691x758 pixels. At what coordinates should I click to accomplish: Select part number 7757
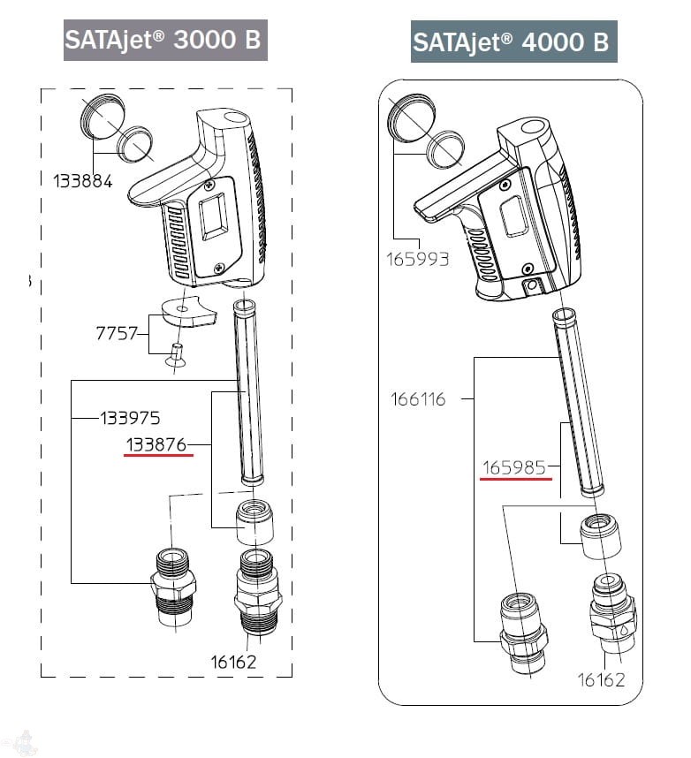[117, 333]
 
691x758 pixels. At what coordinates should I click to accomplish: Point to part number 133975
[130, 416]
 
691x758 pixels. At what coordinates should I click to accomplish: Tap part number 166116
[418, 399]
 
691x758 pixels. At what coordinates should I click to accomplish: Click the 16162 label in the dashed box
[234, 662]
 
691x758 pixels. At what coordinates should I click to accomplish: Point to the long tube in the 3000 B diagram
[247, 392]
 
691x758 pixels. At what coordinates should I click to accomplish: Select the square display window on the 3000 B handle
[213, 216]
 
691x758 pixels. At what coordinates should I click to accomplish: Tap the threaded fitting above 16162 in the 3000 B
[256, 592]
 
